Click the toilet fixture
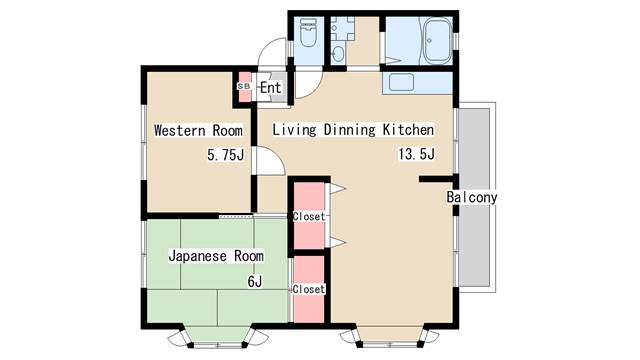coord(308,32)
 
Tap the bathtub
coord(437,41)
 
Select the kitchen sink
coord(401,82)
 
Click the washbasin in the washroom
coord(338,54)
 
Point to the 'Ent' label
coord(271,87)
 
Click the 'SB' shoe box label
coord(244,87)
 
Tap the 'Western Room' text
coord(198,131)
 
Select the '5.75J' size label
coord(226,155)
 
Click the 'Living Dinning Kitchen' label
coord(353,130)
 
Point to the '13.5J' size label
coord(416,154)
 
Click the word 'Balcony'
coord(472,198)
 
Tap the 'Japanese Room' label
coord(216,256)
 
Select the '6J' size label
coord(255,281)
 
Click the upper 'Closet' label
coord(309,217)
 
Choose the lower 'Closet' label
coord(309,289)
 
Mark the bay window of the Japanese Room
coord(218,336)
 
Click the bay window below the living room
coord(390,336)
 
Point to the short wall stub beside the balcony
coord(436,179)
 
